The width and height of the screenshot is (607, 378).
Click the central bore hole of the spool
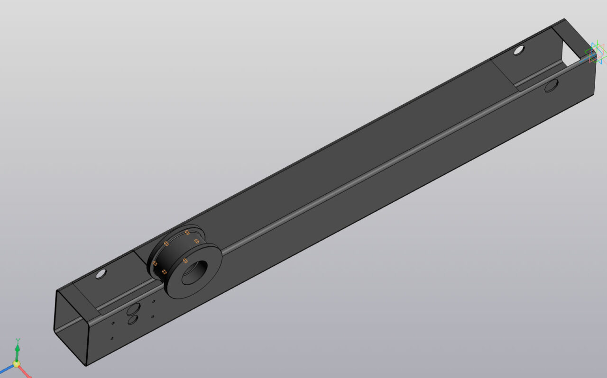point(193,272)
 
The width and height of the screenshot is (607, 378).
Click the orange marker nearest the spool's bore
point(185,261)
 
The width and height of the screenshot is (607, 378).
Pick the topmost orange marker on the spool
point(187,232)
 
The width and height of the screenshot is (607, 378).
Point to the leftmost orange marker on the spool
point(155,263)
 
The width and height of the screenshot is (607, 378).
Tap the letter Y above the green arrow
point(18,341)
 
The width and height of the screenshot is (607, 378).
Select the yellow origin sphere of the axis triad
point(16,364)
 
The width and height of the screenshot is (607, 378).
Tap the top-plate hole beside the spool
point(101,274)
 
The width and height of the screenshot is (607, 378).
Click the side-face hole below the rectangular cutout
point(552,86)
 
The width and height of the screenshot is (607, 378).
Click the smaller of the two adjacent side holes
point(133,320)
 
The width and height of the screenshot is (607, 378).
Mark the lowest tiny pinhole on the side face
point(112,338)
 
